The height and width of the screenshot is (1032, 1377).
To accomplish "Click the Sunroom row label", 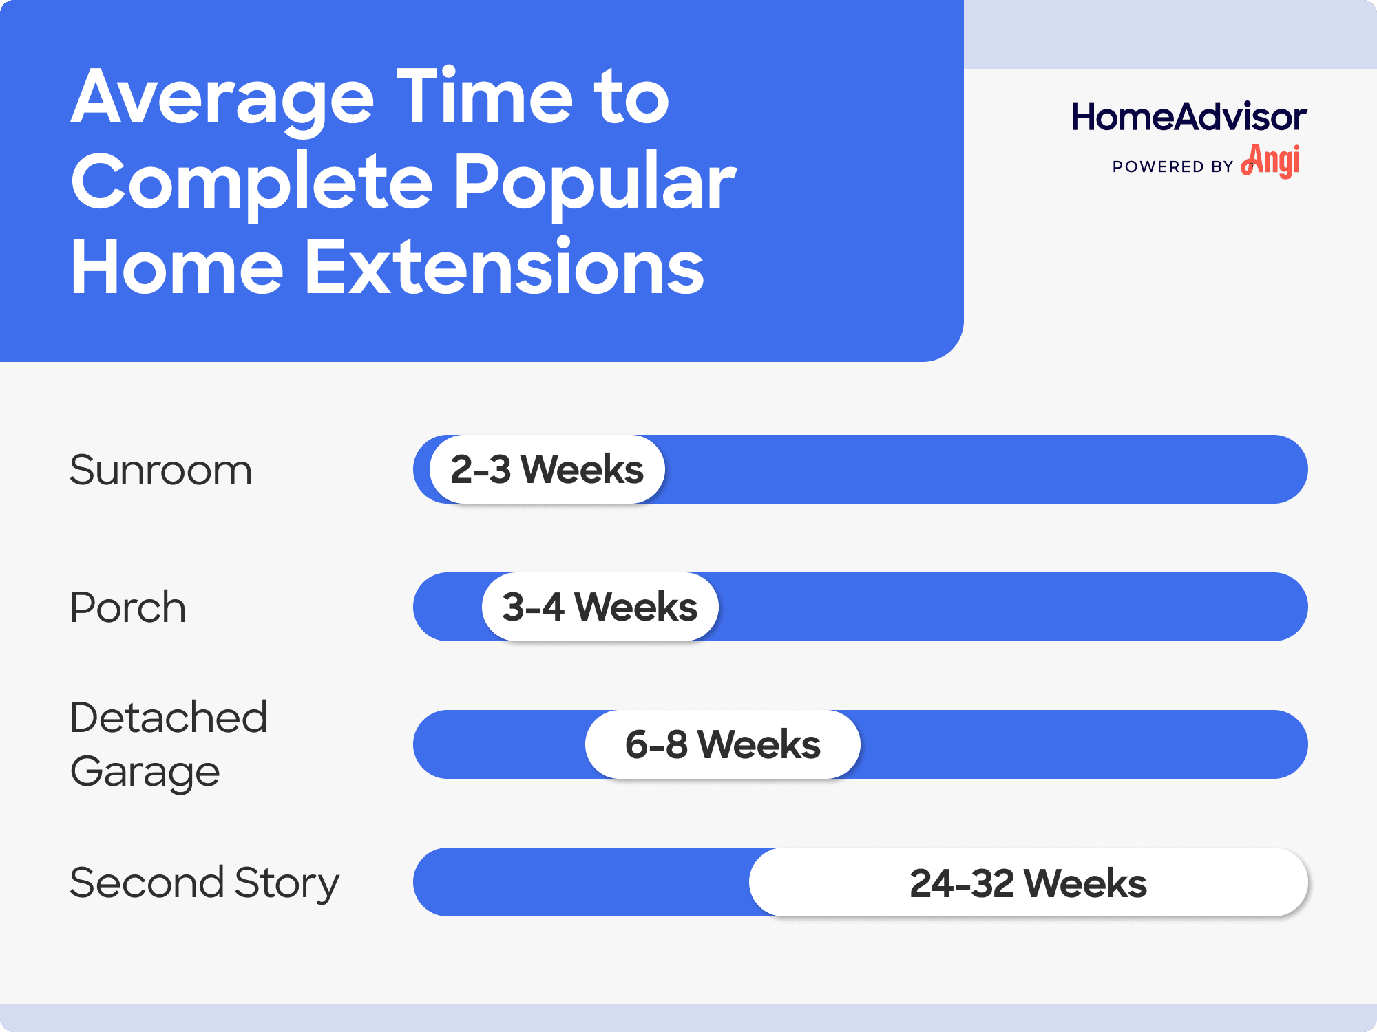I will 160,471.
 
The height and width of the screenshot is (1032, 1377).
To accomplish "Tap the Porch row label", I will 128,608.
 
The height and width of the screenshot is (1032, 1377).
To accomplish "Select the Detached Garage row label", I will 168,744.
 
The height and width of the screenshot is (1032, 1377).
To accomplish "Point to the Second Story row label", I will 204,883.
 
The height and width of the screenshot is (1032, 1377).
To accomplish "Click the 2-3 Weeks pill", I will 547,469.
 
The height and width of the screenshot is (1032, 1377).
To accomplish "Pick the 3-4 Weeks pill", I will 600,607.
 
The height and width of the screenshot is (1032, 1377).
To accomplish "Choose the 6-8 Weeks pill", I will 722,744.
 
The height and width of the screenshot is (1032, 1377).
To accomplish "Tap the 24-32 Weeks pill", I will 1028,883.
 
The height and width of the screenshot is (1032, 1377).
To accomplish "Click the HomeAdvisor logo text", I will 1188,117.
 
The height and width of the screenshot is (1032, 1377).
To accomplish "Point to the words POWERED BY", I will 1173,167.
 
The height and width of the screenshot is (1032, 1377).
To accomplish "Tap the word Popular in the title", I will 595,182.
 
